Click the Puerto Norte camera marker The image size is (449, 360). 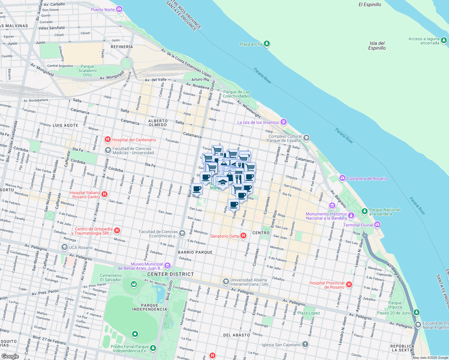click(119, 9)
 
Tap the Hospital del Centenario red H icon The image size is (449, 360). click(107, 139)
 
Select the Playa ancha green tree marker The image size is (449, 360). click(267, 44)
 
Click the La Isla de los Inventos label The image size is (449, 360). click(258, 122)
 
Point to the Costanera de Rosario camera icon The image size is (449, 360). click(342, 178)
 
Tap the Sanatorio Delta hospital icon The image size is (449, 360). click(243, 236)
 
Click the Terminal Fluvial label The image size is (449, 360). click(358, 225)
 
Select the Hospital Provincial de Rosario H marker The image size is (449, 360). click(349, 284)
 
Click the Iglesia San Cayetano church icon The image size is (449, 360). click(305, 344)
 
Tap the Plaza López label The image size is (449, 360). click(309, 313)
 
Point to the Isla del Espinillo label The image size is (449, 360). click(377, 46)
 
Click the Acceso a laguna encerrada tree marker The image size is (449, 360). click(444, 40)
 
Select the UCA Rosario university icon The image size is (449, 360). click(64, 247)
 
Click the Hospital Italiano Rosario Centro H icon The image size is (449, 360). click(104, 194)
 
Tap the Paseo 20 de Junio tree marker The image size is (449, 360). click(416, 313)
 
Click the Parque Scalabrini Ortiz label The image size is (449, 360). click(87, 70)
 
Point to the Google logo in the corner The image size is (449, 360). click(10, 356)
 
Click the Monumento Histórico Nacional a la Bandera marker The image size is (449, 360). click(351, 216)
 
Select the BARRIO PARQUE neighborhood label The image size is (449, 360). click(195, 252)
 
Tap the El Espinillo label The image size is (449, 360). click(370, 4)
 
